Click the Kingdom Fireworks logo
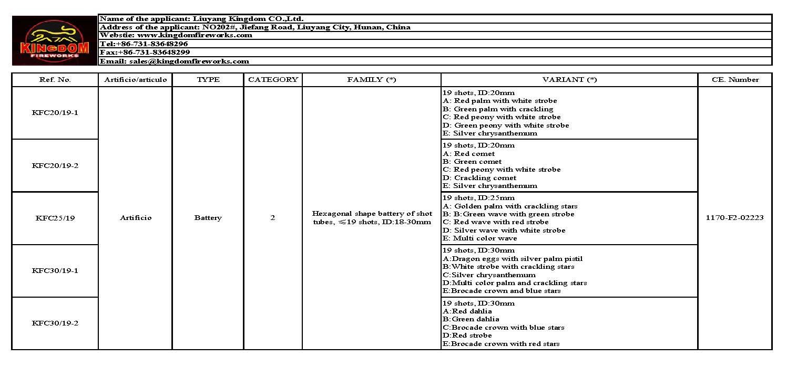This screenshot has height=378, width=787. pyautogui.click(x=55, y=40)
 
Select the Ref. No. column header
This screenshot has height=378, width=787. pyautogui.click(x=55, y=80)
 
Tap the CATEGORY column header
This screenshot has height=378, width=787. pyautogui.click(x=273, y=80)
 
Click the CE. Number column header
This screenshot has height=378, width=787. pyautogui.click(x=735, y=80)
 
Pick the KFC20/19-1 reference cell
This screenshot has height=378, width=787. pyautogui.click(x=55, y=113)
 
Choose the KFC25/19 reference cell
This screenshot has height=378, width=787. pyautogui.click(x=55, y=218)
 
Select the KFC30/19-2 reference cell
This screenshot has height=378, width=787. pyautogui.click(x=55, y=323)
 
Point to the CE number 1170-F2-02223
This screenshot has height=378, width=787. pyautogui.click(x=735, y=218)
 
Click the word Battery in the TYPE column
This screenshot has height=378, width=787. pyautogui.click(x=208, y=218)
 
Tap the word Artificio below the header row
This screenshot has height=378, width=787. pyautogui.click(x=135, y=218)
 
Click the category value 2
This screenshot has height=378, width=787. pyautogui.click(x=273, y=218)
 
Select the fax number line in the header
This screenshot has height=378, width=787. pyautogui.click(x=145, y=52)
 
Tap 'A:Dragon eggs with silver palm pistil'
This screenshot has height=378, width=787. pyautogui.click(x=513, y=258)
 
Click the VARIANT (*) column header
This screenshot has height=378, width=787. pyautogui.click(x=569, y=80)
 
